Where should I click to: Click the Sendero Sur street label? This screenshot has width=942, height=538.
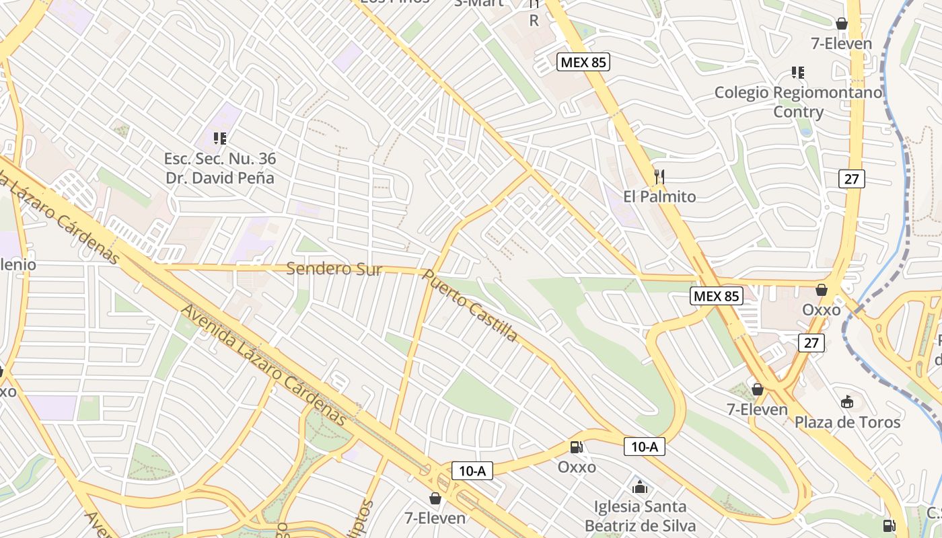pos(334,270)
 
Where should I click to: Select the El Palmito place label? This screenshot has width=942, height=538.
pos(659,197)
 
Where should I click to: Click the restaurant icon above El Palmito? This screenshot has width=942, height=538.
pos(659,177)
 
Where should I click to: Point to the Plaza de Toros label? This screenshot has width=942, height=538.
pos(847,422)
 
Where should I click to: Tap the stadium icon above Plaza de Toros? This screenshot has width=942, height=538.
pos(847,402)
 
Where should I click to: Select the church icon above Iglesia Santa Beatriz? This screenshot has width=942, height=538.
pos(640,486)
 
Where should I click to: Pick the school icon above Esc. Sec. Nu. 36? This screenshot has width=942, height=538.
pos(219,139)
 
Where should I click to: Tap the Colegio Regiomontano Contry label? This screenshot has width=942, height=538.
pos(798,102)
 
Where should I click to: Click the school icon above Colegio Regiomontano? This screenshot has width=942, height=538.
pos(798,72)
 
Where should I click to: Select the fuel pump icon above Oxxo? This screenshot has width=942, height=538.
pos(577,447)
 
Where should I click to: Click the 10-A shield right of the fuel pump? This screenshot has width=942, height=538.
pos(644,446)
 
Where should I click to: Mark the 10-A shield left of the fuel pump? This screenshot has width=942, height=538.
pos(472,471)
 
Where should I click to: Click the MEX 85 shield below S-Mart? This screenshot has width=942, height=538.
pos(583,63)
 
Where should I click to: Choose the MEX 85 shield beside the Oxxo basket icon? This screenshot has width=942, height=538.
pos(717,296)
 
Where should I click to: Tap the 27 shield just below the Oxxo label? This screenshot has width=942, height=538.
pos(811,342)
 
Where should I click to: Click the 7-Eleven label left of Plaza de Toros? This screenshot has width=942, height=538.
pos(757,409)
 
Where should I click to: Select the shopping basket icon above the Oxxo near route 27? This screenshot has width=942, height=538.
pos(821,290)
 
